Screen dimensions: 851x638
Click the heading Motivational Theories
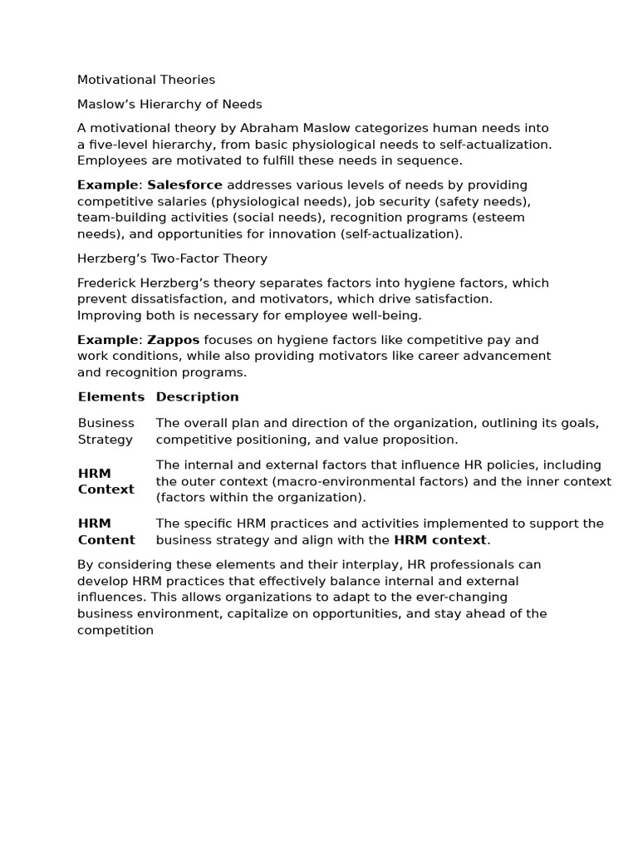[x=146, y=80]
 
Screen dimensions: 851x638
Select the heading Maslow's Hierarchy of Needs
[x=169, y=104]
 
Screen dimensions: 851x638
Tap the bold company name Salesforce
[x=184, y=184]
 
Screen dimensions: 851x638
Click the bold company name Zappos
[x=174, y=340]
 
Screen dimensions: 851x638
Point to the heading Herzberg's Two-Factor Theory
[x=172, y=258]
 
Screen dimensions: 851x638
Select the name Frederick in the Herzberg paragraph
[x=109, y=283]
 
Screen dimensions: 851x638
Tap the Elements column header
[x=111, y=397]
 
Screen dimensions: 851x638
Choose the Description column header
[x=198, y=397]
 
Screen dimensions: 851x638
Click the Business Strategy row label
[x=106, y=431]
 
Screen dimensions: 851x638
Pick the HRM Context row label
[x=106, y=481]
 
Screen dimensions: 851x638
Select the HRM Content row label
[x=106, y=532]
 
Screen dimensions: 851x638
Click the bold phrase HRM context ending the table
[x=440, y=540]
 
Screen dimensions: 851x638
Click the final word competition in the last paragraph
[x=115, y=630]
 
